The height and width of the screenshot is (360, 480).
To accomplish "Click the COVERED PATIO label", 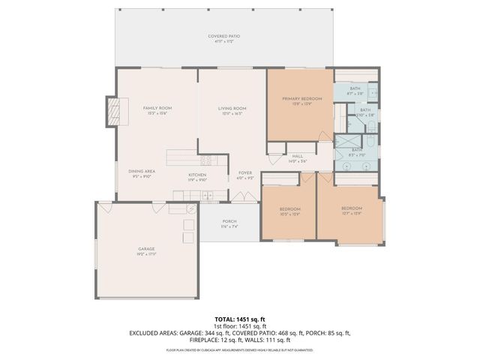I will click(223, 37).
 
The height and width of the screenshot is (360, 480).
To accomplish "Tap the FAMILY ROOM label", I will click(157, 108).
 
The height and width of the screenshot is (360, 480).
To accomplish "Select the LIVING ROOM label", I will click(232, 108).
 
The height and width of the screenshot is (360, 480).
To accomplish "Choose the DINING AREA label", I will click(141, 171).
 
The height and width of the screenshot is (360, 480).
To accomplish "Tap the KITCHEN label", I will click(197, 175).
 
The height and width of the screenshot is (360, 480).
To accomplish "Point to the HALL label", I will click(298, 157).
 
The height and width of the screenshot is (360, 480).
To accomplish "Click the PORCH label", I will click(229, 222).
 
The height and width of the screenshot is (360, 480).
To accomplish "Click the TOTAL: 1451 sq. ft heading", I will click(240, 319).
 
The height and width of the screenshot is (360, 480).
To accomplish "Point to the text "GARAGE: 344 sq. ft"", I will click(199, 332).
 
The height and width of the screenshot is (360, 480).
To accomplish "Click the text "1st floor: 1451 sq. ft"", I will click(240, 326).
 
